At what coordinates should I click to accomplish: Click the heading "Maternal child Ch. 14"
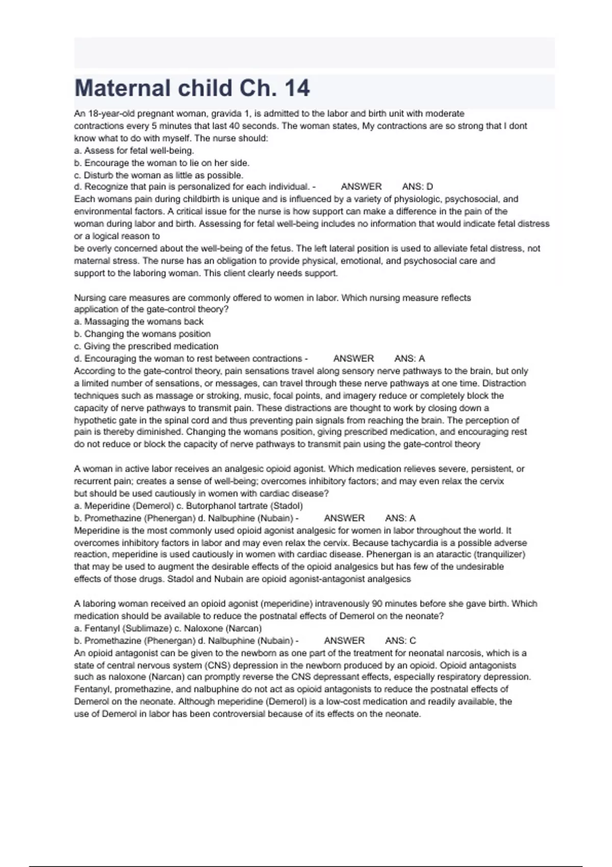(x=192, y=88)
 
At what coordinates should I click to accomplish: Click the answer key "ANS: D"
(x=417, y=187)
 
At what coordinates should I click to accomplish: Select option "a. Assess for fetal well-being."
(x=134, y=150)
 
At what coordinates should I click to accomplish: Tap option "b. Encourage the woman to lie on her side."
(x=162, y=163)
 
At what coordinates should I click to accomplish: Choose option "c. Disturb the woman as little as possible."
(x=159, y=175)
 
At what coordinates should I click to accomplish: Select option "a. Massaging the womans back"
(x=139, y=322)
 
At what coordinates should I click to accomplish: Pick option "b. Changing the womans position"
(x=142, y=334)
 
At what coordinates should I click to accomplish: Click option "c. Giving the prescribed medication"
(x=146, y=346)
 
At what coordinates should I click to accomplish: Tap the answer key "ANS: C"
(x=400, y=641)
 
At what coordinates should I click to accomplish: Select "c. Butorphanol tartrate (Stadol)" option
(x=240, y=506)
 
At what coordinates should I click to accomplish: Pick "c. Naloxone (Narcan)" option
(x=219, y=628)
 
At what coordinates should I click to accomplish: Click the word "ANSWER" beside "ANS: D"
(x=361, y=187)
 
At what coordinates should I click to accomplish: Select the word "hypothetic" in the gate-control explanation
(x=96, y=420)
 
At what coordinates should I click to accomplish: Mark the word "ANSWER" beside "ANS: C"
(x=344, y=641)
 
